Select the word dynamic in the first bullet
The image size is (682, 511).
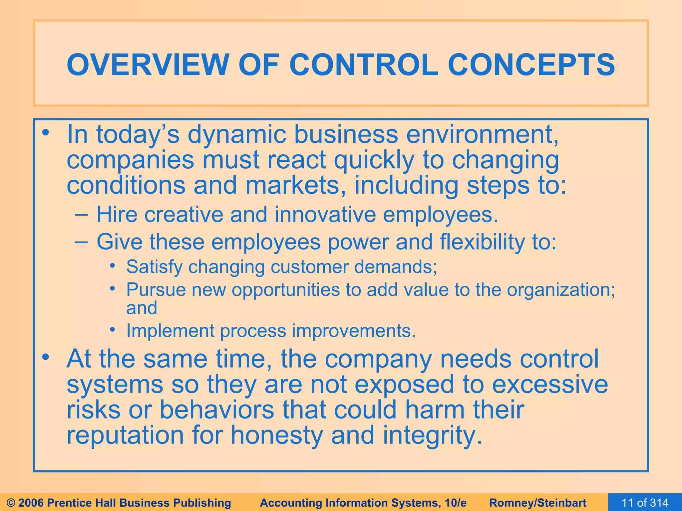point(237,135)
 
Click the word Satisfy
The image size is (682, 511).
point(154,267)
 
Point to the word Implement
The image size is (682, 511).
point(170,331)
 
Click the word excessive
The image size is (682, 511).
point(550,384)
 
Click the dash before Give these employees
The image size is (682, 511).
point(82,242)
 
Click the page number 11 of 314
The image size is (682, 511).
point(645,503)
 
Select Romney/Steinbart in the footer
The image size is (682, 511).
point(538,503)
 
